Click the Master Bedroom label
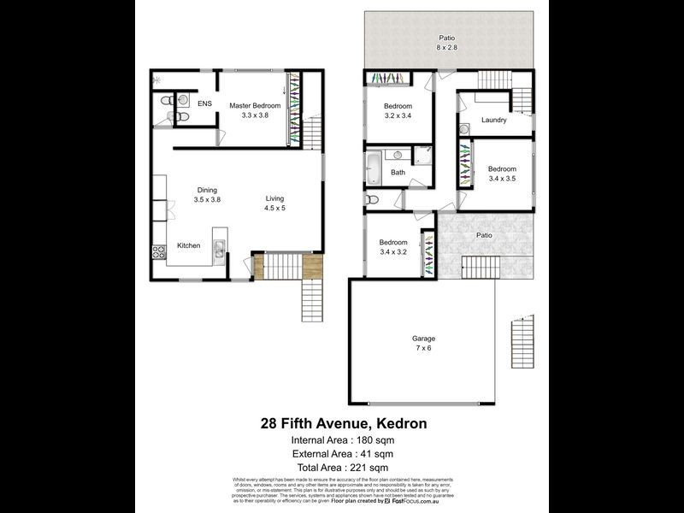click(x=255, y=105)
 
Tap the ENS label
click(x=204, y=103)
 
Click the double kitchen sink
click(x=219, y=250)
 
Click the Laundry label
click(x=493, y=120)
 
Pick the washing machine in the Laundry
click(x=463, y=130)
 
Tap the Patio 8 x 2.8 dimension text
click(x=446, y=49)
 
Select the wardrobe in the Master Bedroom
click(x=295, y=109)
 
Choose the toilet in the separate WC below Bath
click(x=371, y=200)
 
